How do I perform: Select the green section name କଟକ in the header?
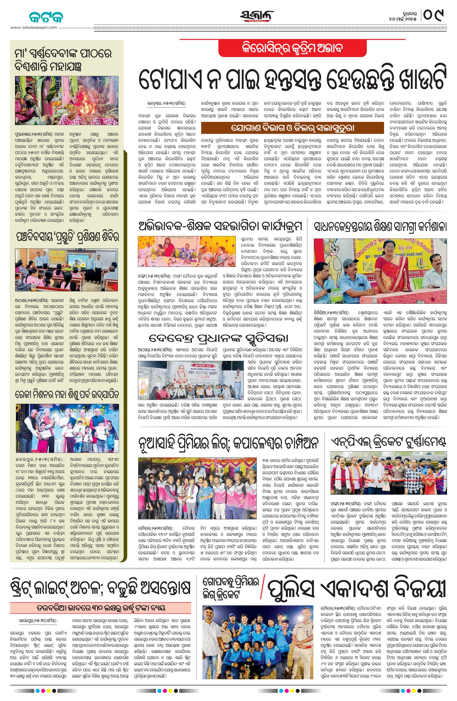click(46, 17)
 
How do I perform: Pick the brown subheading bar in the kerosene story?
click(292, 128)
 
